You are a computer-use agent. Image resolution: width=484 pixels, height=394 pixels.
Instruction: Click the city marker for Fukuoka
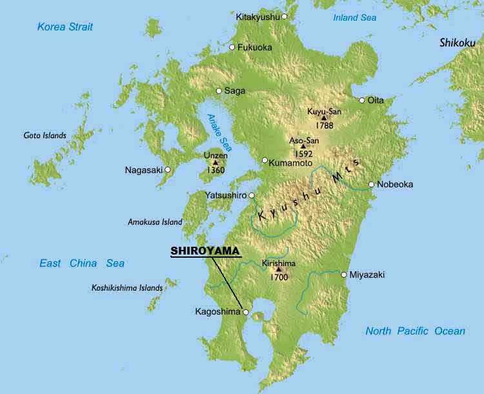[232, 47]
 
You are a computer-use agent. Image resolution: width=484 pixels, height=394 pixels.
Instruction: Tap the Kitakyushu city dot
[285, 16]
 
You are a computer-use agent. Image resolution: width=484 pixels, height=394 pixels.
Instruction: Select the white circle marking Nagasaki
[168, 170]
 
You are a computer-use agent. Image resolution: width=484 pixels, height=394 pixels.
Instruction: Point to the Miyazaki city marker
[343, 275]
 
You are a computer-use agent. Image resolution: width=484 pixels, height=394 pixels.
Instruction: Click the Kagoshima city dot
[246, 312]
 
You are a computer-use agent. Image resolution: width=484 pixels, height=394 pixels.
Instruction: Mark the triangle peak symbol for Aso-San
[303, 146]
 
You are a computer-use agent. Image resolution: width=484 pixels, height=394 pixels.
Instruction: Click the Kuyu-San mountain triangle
[324, 118]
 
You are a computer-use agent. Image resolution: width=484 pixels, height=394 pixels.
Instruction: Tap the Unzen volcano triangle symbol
[216, 162]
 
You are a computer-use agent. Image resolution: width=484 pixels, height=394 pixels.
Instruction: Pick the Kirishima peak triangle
[279, 269]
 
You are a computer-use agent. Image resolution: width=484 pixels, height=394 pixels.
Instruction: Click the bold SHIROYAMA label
[205, 251]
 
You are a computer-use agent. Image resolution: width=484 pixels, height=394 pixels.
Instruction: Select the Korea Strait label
[65, 26]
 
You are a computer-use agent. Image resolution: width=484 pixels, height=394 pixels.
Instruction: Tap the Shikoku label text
[457, 43]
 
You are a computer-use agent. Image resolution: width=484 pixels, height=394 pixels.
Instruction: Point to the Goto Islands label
[45, 136]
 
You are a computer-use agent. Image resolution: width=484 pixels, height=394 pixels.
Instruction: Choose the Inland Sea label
[354, 17]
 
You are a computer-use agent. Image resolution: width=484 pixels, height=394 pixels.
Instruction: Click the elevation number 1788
[325, 125]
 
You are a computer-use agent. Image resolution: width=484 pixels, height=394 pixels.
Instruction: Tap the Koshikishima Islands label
[126, 287]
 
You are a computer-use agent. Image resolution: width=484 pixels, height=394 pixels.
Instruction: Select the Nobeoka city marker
[372, 185]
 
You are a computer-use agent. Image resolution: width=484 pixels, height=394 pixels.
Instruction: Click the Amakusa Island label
[155, 222]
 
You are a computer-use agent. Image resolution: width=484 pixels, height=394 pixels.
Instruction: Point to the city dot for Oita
[362, 100]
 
